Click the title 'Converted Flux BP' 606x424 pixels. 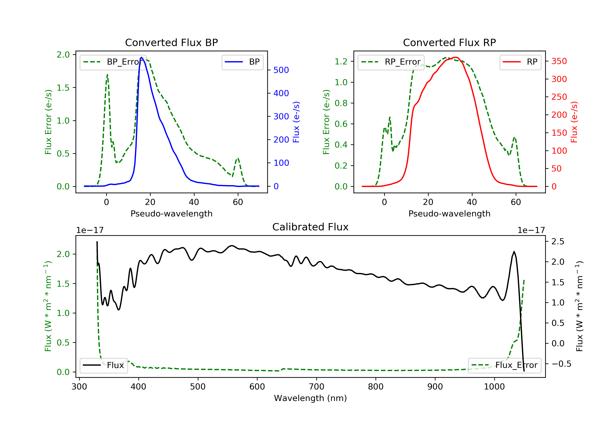171,42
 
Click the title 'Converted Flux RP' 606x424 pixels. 449,42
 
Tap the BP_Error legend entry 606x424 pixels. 113,62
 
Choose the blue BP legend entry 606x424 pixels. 242,62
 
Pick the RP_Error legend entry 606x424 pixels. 391,62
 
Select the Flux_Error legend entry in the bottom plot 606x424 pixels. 504,365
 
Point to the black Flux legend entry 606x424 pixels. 103,365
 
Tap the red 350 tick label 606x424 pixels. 559,61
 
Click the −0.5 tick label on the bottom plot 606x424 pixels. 561,364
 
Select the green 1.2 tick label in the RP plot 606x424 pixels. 341,61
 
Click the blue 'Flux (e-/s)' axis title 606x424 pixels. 296,122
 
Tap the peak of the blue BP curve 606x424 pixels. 141,57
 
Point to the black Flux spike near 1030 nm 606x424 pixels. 514,252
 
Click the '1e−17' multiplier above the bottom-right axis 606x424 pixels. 531,230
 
